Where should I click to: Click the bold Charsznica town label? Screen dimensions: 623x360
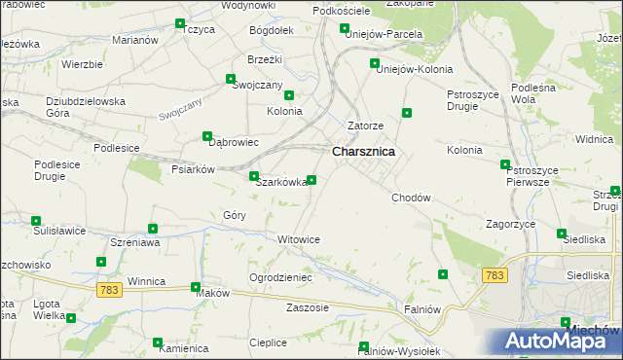pos(363,152)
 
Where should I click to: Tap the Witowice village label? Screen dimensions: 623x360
pos(299,239)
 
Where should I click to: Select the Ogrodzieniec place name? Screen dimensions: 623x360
pos(280,277)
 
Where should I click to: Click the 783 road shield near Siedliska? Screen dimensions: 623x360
pos(495,276)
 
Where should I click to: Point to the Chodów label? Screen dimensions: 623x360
pos(411,198)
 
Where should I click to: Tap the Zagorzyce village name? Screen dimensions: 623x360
pos(511,224)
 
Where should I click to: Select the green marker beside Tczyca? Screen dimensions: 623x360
pos(180,24)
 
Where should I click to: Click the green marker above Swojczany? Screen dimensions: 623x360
pos(231,80)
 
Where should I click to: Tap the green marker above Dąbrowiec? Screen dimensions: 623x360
pos(206,136)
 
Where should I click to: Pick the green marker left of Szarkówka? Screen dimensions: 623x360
pos(254,177)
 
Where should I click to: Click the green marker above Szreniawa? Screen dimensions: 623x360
pos(153,229)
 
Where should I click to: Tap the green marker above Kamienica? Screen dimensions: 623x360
pos(158,342)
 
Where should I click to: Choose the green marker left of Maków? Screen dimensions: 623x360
pos(196,287)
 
